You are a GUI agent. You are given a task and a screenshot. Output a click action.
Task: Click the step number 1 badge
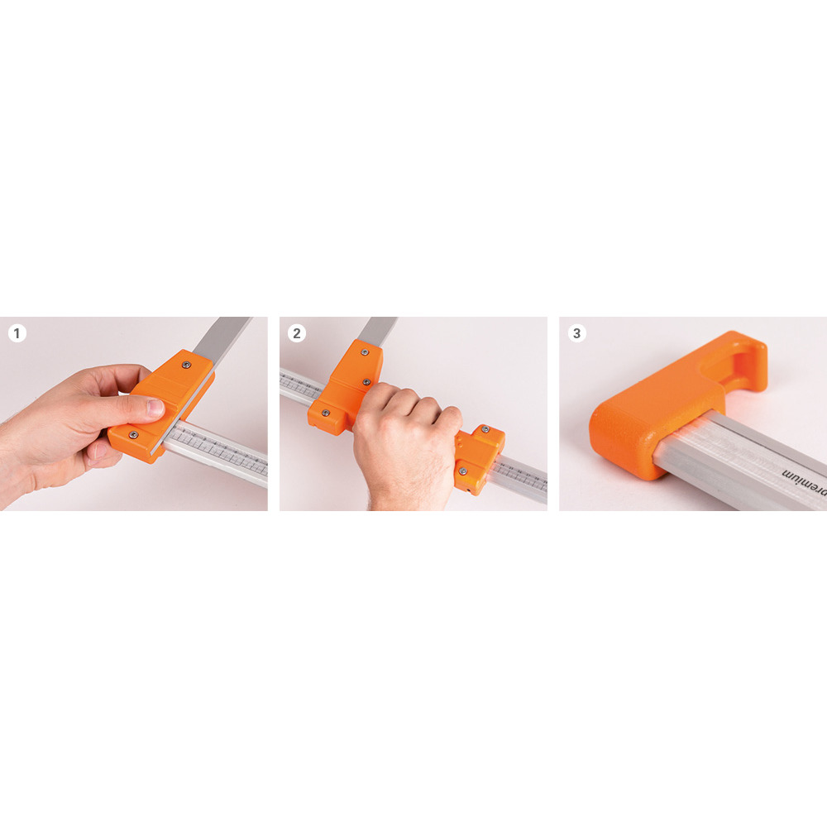pyautogui.click(x=17, y=333)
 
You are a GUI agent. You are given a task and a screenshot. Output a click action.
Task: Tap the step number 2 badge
pyautogui.click(x=297, y=333)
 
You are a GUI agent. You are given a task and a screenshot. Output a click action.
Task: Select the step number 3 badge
pyautogui.click(x=576, y=333)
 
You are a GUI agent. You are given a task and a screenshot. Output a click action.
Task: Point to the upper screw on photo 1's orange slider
pyautogui.click(x=186, y=364)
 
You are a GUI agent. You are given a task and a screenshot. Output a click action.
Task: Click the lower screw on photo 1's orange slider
pyautogui.click(x=131, y=434)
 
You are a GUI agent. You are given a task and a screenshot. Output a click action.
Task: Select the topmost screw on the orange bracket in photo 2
pyautogui.click(x=365, y=351)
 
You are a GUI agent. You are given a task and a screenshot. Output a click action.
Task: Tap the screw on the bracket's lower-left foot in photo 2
pyautogui.click(x=325, y=411)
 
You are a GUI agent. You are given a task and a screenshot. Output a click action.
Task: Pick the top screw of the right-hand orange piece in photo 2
pyautogui.click(x=486, y=430)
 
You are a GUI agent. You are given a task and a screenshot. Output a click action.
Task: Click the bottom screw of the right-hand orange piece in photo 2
pyautogui.click(x=463, y=471)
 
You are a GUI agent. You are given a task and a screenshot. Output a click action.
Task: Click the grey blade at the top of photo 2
pyautogui.click(x=378, y=328)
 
